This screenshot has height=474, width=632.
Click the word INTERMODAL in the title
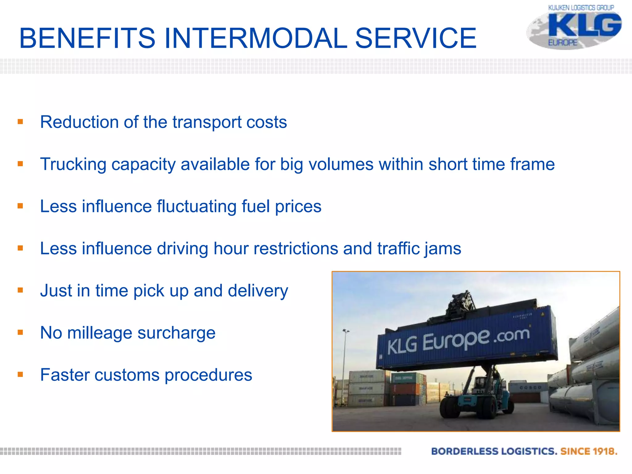(x=256, y=38)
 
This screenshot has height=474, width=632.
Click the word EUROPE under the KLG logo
(x=562, y=43)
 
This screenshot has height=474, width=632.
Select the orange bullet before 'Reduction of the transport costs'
(x=20, y=122)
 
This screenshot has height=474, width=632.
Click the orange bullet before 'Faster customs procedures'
(x=20, y=375)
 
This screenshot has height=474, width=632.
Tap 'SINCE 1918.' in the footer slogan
(x=588, y=451)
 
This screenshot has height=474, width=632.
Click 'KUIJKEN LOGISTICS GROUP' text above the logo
(x=581, y=7)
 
